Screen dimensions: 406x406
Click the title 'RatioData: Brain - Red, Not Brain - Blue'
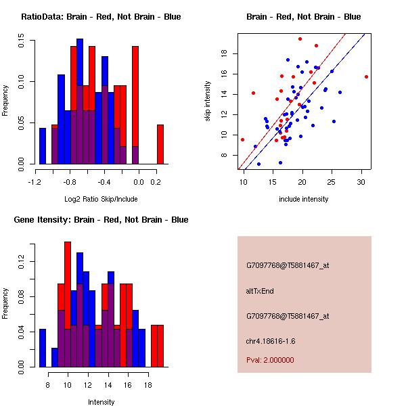pyautogui.click(x=101, y=16)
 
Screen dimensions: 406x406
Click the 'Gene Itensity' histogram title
pyautogui.click(x=101, y=219)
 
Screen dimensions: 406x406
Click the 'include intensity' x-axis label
pyautogui.click(x=304, y=199)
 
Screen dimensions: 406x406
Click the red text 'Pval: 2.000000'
pyautogui.click(x=270, y=360)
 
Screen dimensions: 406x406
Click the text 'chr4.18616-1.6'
pyautogui.click(x=271, y=340)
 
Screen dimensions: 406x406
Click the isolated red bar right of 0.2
pyautogui.click(x=160, y=144)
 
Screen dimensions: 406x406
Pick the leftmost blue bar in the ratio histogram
pyautogui.click(x=43, y=145)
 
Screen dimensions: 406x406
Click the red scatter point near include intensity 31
pyautogui.click(x=366, y=76)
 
